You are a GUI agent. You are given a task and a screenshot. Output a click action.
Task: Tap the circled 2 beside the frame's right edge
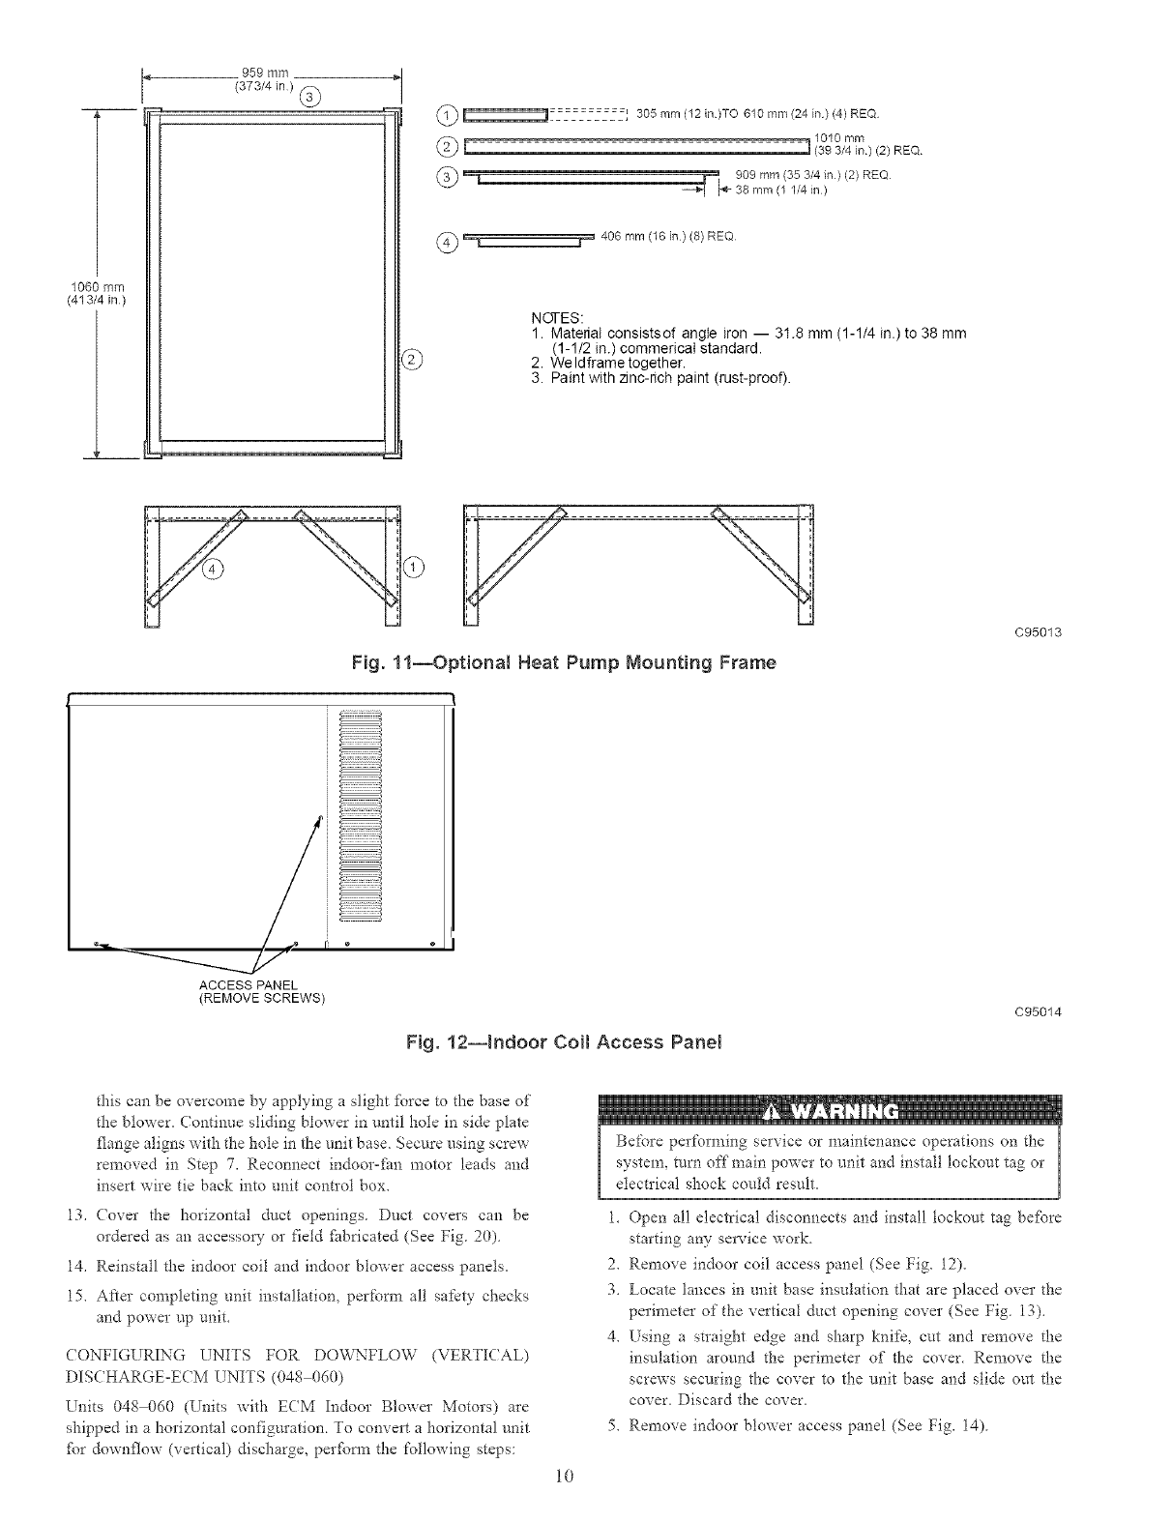[x=411, y=362]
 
